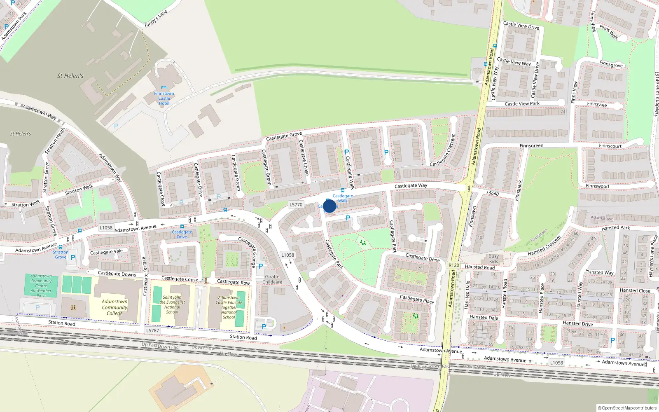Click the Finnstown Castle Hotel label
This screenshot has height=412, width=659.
pyautogui.click(x=164, y=98)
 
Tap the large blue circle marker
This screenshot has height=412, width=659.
pyautogui.click(x=329, y=206)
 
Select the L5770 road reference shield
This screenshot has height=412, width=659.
pyautogui.click(x=296, y=204)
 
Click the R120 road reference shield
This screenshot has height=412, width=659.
pyautogui.click(x=453, y=265)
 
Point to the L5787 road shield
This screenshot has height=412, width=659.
pyautogui.click(x=152, y=330)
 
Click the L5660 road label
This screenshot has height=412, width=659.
pyautogui.click(x=492, y=193)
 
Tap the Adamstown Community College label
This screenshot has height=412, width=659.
pyautogui.click(x=115, y=307)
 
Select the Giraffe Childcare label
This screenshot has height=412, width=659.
pyautogui.click(x=272, y=279)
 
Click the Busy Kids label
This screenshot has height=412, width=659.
pyautogui.click(x=493, y=259)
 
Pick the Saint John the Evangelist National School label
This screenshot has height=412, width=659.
pyautogui.click(x=172, y=304)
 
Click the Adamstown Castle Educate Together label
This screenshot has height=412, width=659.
pyautogui.click(x=229, y=307)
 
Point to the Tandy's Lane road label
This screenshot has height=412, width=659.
pyautogui.click(x=156, y=19)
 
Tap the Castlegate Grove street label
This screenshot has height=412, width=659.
pyautogui.click(x=284, y=136)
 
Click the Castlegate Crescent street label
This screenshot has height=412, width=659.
pyautogui.click(x=443, y=150)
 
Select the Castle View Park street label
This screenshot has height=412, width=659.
pyautogui.click(x=522, y=104)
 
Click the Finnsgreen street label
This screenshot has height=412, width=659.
pyautogui.click(x=531, y=146)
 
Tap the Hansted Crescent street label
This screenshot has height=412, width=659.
pyautogui.click(x=544, y=246)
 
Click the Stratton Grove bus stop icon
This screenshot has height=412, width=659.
pyautogui.click(x=61, y=247)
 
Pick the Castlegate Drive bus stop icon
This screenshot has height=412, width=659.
pyautogui.click(x=182, y=227)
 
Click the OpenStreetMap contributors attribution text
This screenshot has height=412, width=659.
pyautogui.click(x=627, y=408)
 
